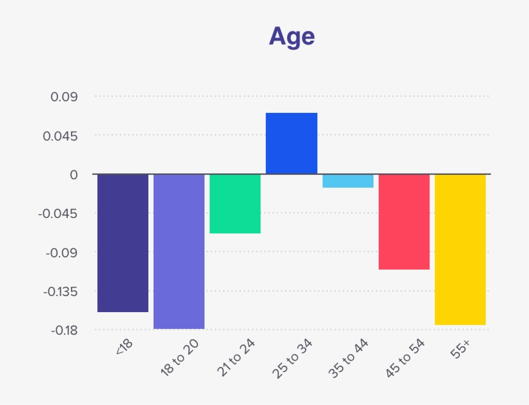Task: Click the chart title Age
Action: coord(292,37)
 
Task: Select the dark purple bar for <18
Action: coord(123,243)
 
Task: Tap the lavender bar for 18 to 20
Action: coord(179,252)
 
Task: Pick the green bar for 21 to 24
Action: coord(235,204)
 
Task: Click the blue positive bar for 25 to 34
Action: coord(292,143)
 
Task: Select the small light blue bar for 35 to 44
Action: coord(348,181)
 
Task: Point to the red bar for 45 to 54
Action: coord(404,222)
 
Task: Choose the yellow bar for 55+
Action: coord(460,250)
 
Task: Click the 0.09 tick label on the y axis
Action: coord(64,97)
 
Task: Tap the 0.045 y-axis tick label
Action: coord(61,136)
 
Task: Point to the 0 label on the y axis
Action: coord(74,175)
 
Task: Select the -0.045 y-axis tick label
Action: coord(57,213)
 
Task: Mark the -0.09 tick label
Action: coord(62,253)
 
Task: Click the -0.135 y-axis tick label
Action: coord(61,291)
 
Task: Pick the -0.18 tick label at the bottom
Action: coord(65,330)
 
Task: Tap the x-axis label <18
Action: coord(124,346)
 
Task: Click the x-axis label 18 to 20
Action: coord(179,357)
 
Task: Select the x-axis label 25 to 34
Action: coord(292,358)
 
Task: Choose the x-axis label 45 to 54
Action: coord(405,358)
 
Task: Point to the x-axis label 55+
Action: coord(460,349)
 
